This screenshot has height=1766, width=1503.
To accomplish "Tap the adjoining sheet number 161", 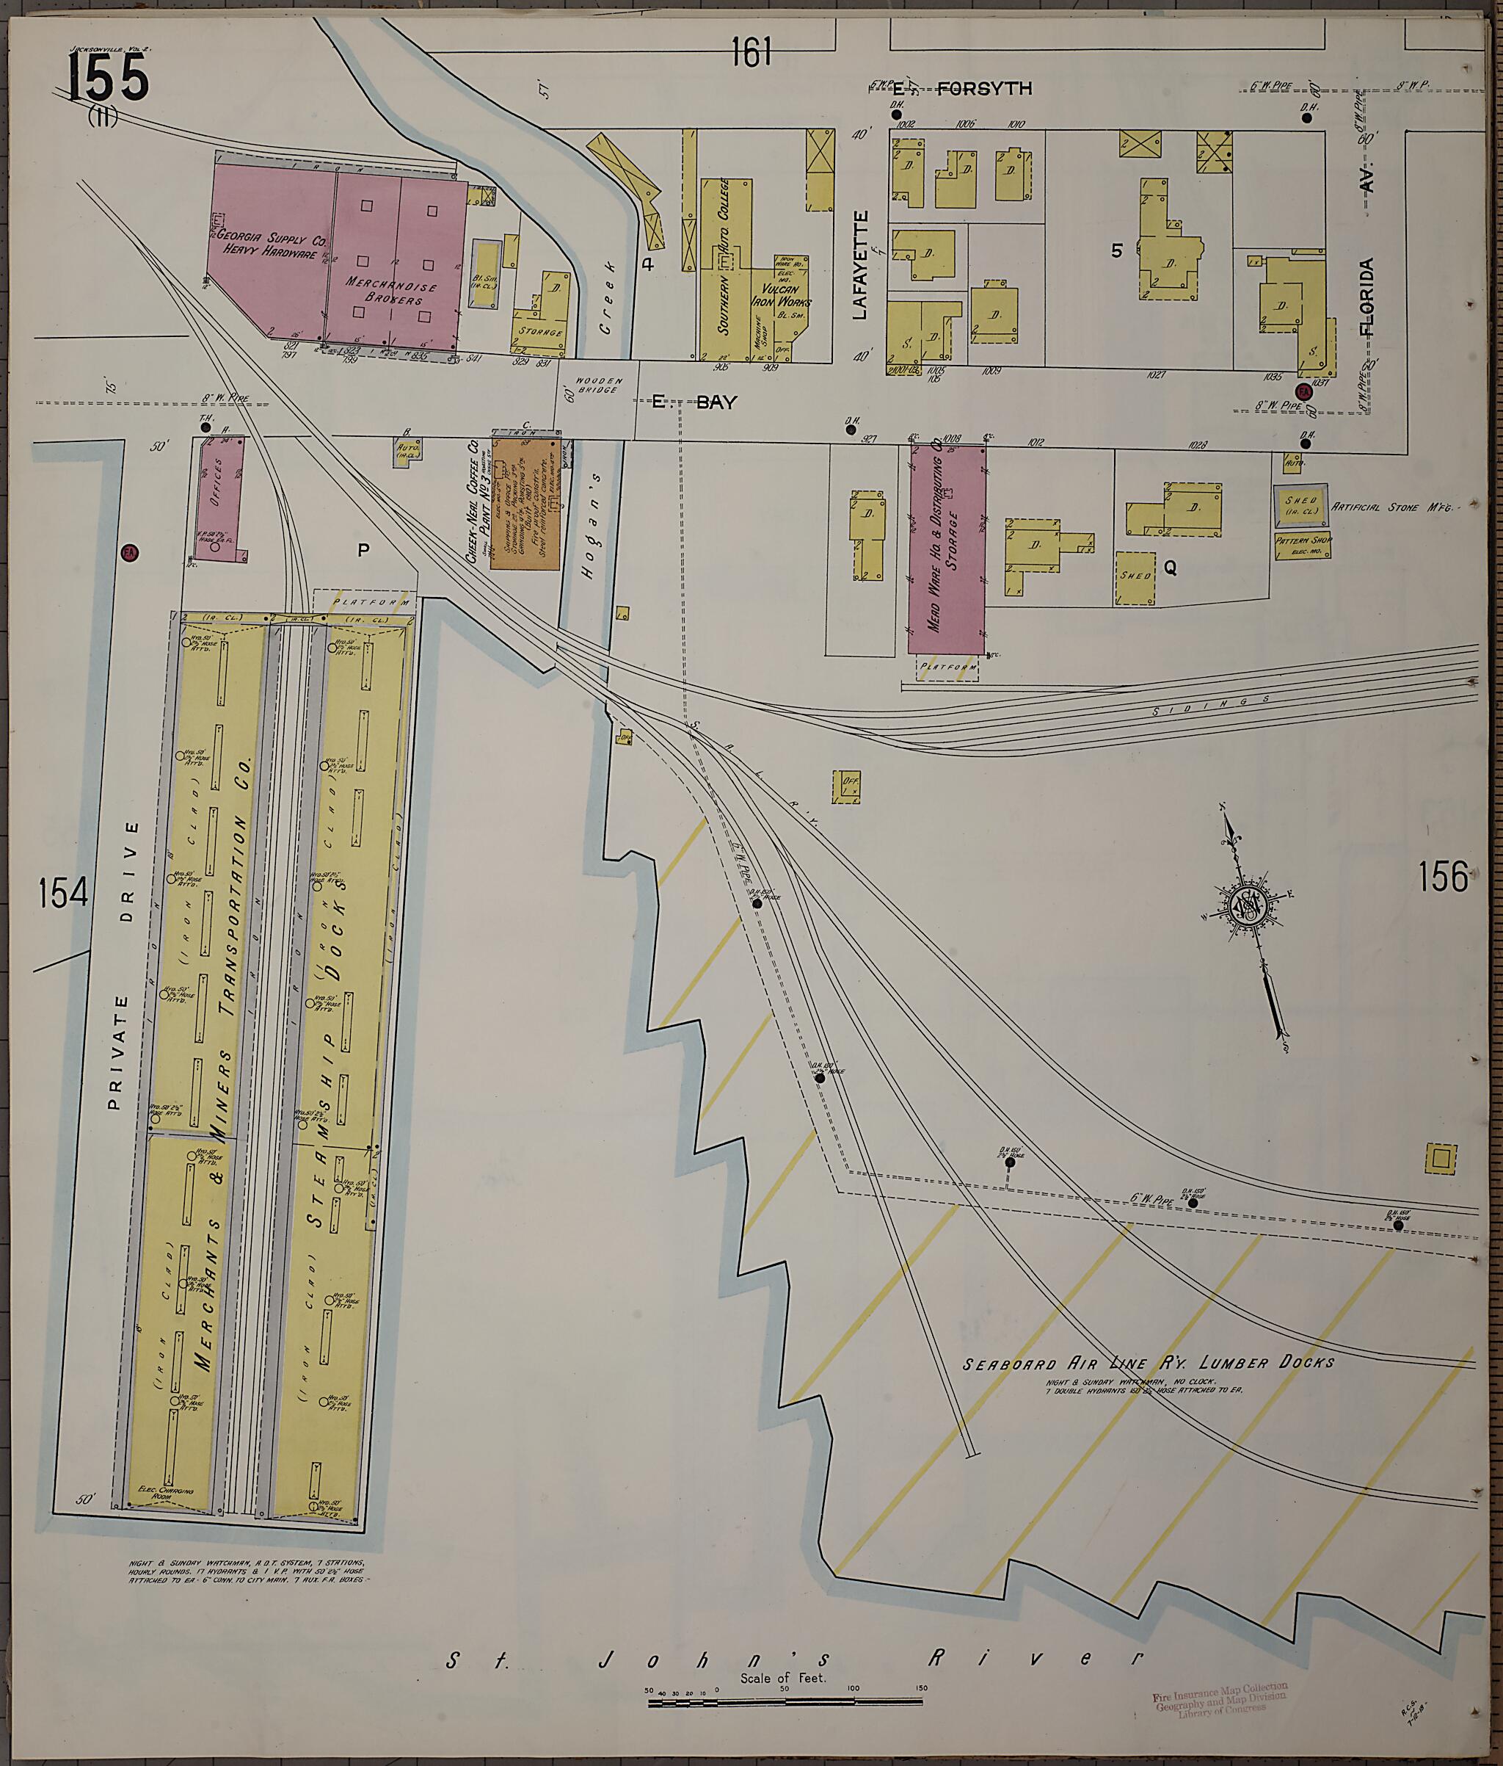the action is pos(751,53).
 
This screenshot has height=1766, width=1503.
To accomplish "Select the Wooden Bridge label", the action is pos(600,386).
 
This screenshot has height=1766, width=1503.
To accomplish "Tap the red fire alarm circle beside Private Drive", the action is pos(129,552).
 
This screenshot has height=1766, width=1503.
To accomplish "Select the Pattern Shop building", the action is pos(1303,545).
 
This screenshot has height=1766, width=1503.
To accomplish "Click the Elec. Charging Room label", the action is pos(166,1516).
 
